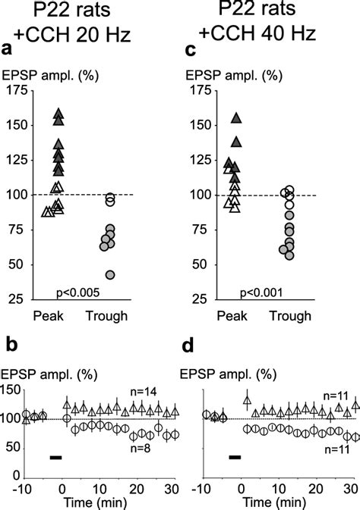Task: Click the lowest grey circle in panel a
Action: click(110, 274)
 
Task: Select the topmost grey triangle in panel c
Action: click(236, 118)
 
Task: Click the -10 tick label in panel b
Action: click(24, 486)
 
